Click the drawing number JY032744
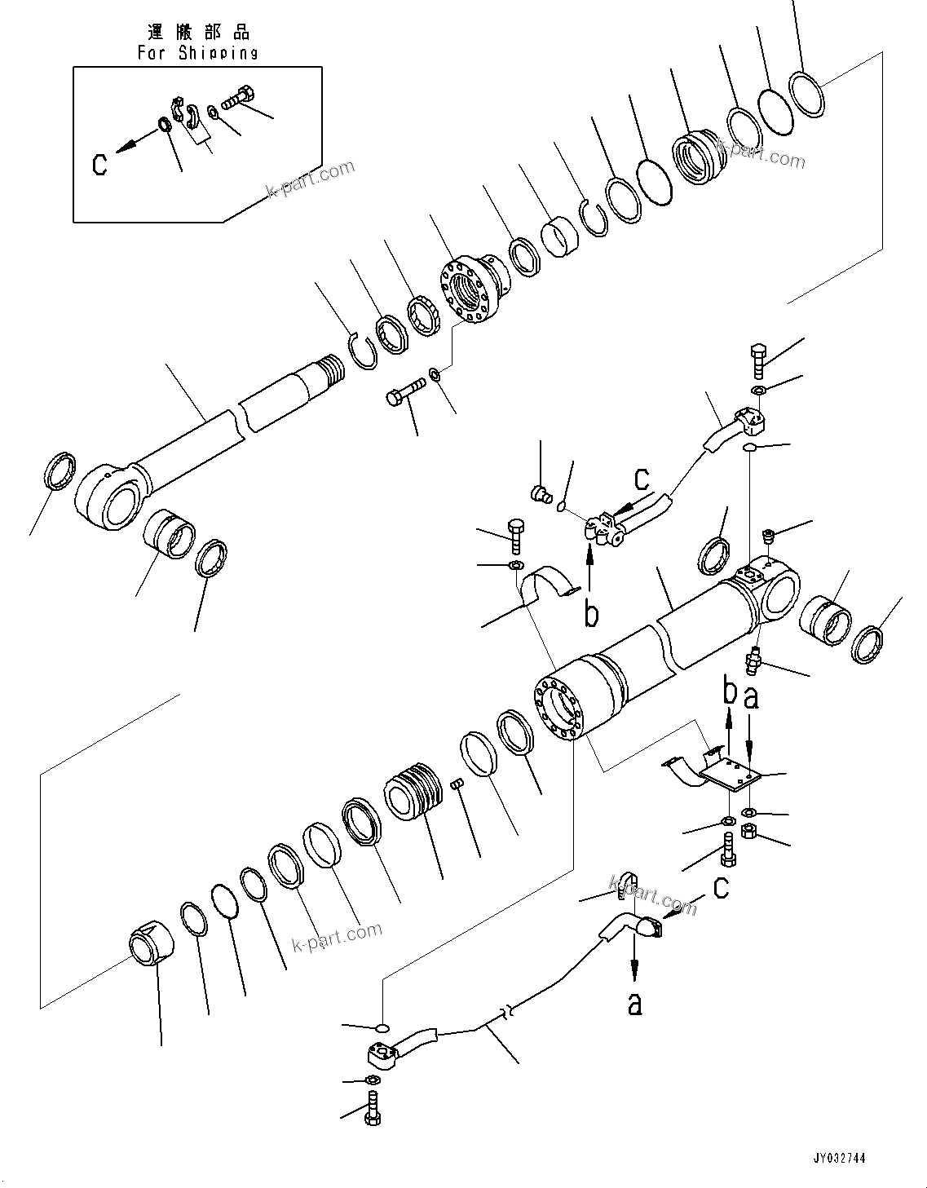tap(839, 1158)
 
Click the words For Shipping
tap(197, 53)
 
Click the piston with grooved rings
tap(416, 790)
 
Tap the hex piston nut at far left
tap(153, 946)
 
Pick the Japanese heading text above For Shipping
tap(199, 32)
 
